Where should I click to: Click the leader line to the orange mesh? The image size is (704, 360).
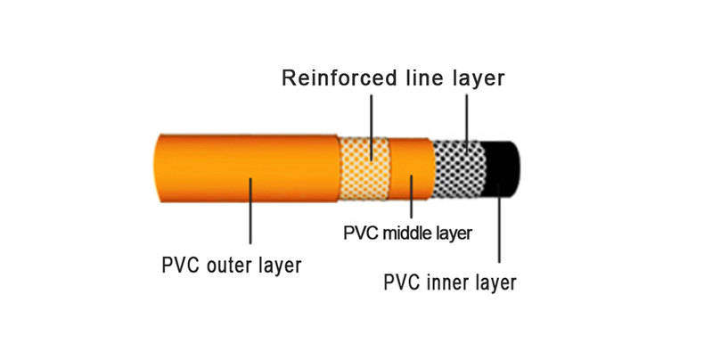tap(371, 125)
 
